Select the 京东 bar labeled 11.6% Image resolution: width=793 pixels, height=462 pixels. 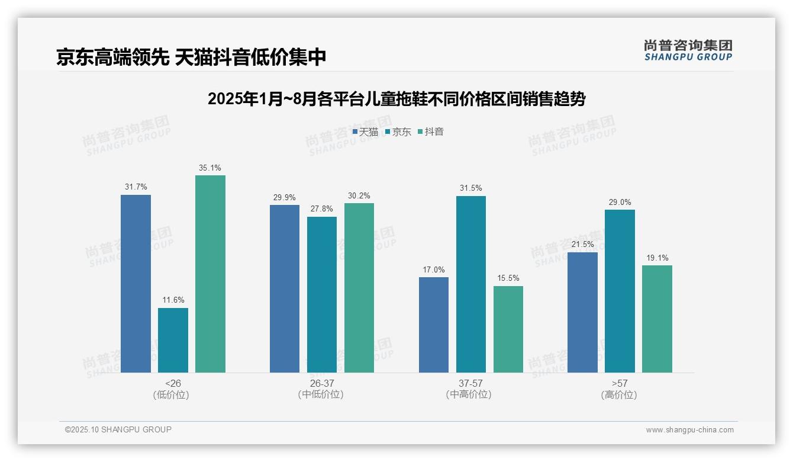tap(173, 340)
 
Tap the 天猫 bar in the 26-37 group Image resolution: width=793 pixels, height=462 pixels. tap(285, 288)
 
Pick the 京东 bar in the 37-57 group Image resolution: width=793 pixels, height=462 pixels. tap(471, 284)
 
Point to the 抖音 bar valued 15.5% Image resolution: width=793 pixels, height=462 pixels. tap(508, 329)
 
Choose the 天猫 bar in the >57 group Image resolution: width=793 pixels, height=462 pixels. tap(582, 312)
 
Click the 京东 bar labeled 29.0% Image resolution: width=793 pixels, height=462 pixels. tap(620, 291)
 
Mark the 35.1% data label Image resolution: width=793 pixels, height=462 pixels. tap(210, 168)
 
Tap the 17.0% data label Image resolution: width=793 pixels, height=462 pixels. tap(434, 269)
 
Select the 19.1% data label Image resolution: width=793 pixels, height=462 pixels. tap(657, 258)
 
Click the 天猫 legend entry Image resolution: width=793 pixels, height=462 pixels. tap(365, 131)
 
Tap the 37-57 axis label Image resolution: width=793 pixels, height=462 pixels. tap(470, 383)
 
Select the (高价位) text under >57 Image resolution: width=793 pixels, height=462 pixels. tap(619, 394)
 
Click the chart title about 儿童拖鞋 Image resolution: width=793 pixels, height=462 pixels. tap(396, 99)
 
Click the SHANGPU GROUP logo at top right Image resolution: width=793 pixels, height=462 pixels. tap(688, 50)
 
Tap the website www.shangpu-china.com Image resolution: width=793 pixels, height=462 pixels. tap(689, 430)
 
